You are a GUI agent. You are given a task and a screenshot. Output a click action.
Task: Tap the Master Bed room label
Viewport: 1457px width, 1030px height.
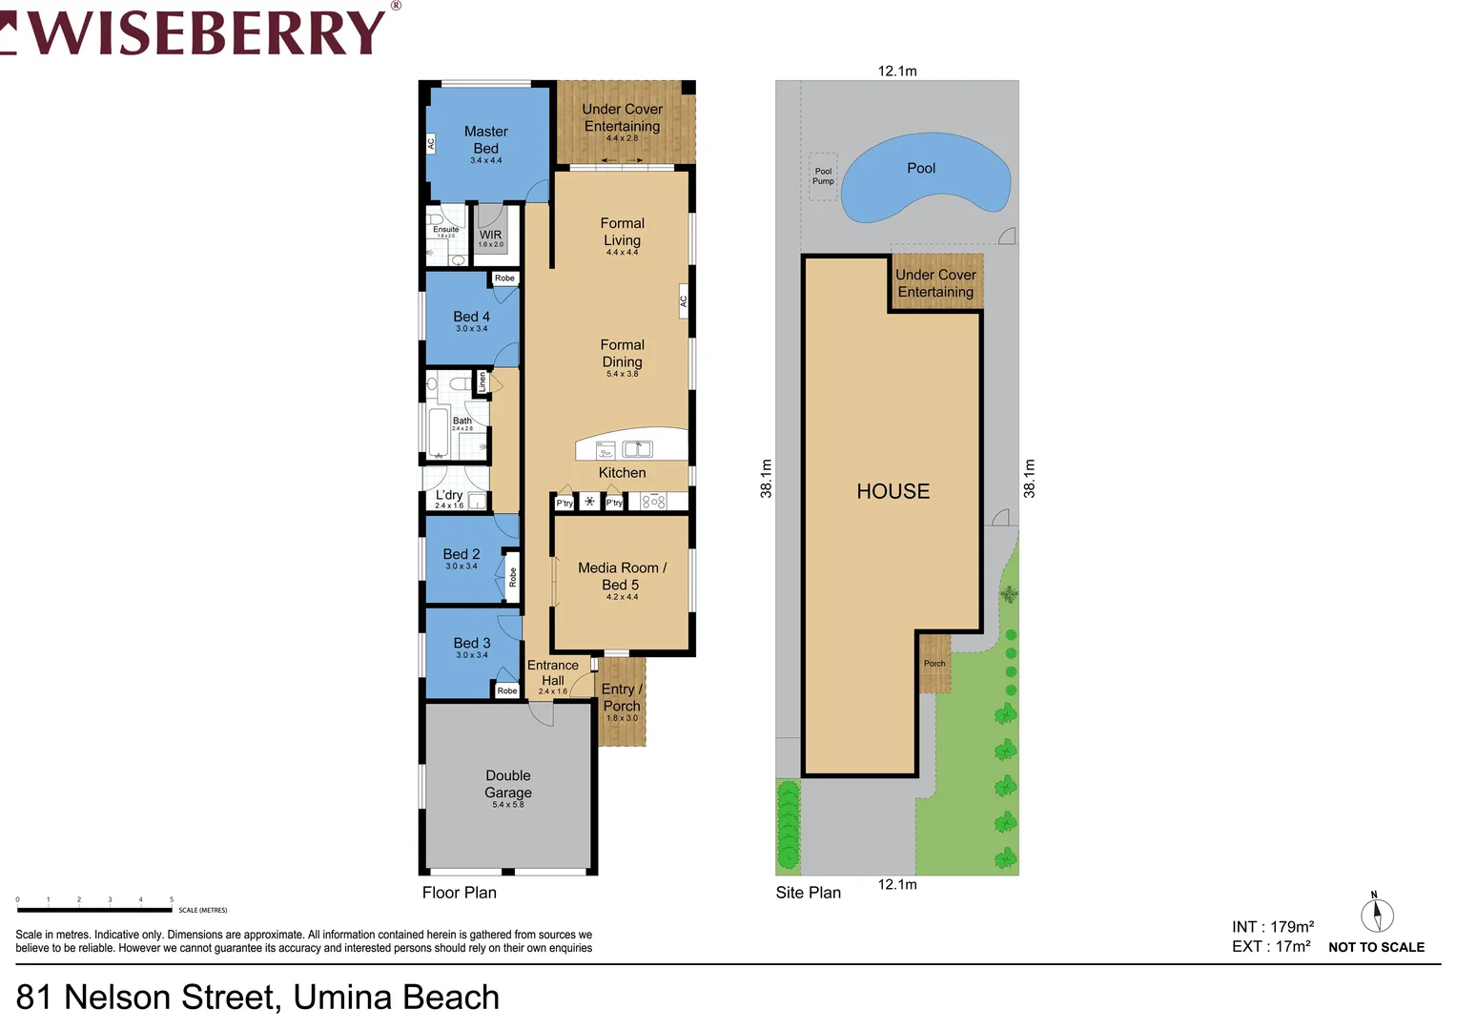(x=485, y=140)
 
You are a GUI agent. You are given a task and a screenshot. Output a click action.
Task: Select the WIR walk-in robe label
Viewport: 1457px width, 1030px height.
(x=490, y=236)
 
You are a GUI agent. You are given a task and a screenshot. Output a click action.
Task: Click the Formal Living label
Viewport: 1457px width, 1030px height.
(x=622, y=232)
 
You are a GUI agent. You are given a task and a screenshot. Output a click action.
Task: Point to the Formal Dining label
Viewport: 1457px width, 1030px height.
(x=622, y=354)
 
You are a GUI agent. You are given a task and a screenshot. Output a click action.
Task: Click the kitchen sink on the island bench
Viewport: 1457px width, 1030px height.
(x=637, y=448)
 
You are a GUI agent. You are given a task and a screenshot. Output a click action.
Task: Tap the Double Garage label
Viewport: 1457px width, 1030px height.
(x=507, y=784)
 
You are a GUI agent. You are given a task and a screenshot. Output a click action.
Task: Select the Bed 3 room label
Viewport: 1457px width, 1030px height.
(x=472, y=644)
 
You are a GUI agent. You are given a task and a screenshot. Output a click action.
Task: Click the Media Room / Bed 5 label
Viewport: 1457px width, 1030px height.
(x=622, y=576)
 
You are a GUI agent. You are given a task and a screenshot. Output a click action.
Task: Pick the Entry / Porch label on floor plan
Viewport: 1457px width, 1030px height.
(x=622, y=697)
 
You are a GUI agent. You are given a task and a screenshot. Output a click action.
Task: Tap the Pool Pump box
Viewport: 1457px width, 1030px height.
(x=823, y=176)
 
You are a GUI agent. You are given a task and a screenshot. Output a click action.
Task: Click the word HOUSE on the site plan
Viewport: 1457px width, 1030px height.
(x=893, y=491)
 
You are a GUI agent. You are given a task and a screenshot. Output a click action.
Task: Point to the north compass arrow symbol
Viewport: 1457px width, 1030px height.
(x=1376, y=916)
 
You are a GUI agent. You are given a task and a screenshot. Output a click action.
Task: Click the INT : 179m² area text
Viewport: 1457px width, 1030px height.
(x=1272, y=927)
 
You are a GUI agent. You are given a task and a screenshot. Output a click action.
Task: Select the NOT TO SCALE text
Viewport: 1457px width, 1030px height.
(x=1376, y=947)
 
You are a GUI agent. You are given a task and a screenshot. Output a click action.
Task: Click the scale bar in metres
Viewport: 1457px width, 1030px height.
(x=94, y=910)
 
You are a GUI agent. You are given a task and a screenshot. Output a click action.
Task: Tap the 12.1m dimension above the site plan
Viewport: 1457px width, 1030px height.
(x=897, y=71)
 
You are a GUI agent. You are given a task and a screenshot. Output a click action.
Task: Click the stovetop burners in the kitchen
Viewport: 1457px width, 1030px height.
(x=653, y=502)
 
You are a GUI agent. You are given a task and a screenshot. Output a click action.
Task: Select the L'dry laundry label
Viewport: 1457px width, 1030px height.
(x=449, y=496)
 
